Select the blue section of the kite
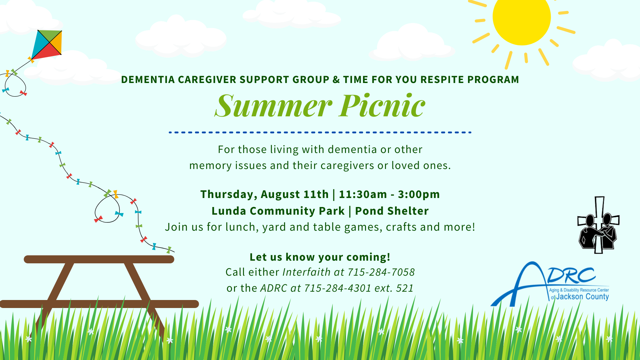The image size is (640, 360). pyautogui.click(x=40, y=43)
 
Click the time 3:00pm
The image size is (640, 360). pyautogui.click(x=419, y=194)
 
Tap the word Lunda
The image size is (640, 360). pyautogui.click(x=229, y=211)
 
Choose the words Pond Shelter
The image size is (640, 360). pyautogui.click(x=392, y=211)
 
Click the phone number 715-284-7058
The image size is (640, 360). pyautogui.click(x=381, y=272)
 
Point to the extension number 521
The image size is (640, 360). pyautogui.click(x=405, y=288)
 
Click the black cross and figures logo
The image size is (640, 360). pyautogui.click(x=599, y=225)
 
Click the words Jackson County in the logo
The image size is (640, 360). pyautogui.click(x=582, y=297)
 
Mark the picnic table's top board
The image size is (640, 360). pyautogui.click(x=99, y=259)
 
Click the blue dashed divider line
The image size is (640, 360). pyautogui.click(x=320, y=132)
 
